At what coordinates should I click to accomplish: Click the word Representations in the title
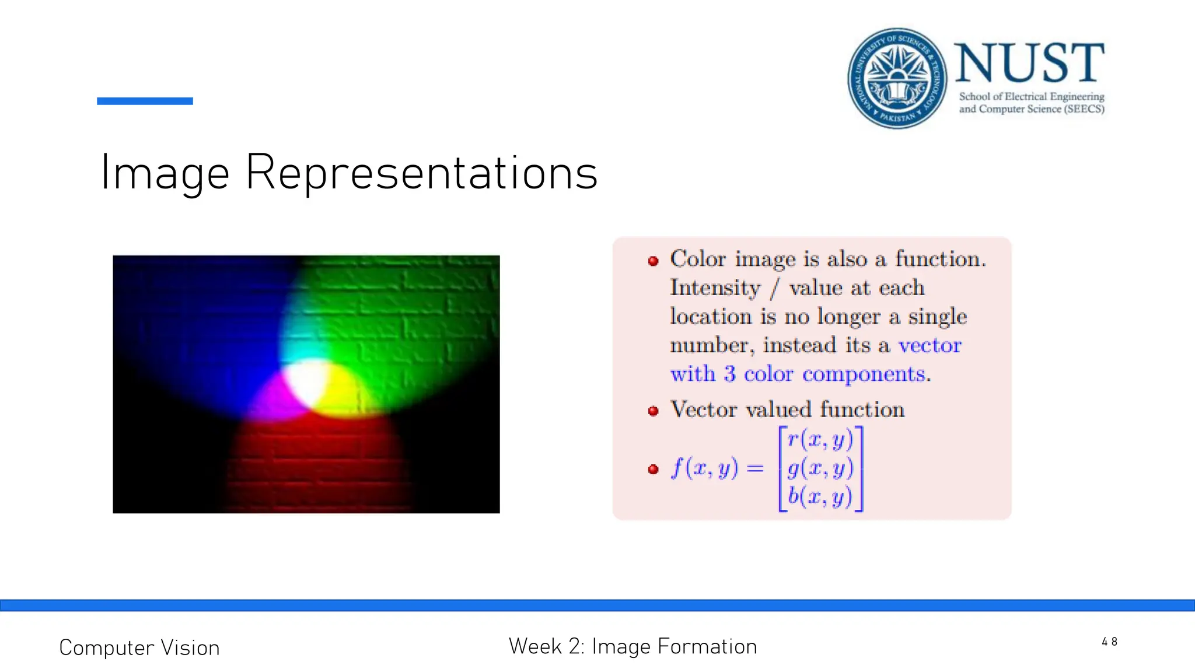(x=421, y=173)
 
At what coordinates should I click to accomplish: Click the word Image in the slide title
(x=165, y=173)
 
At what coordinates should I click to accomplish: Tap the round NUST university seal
(x=897, y=78)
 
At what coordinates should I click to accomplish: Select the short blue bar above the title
(x=145, y=101)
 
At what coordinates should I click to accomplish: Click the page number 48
(x=1109, y=642)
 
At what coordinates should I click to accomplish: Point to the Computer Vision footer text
(x=139, y=648)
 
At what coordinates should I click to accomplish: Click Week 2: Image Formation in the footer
(x=633, y=646)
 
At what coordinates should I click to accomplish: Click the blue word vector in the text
(x=930, y=345)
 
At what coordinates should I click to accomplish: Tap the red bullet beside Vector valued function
(x=654, y=411)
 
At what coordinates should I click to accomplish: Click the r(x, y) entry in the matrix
(x=820, y=439)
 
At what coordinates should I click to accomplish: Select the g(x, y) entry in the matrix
(x=820, y=468)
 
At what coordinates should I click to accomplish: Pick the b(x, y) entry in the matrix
(x=820, y=496)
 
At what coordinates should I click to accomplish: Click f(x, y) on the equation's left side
(x=704, y=468)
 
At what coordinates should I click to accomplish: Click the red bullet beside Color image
(x=654, y=261)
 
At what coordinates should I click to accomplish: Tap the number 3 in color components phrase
(x=729, y=374)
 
